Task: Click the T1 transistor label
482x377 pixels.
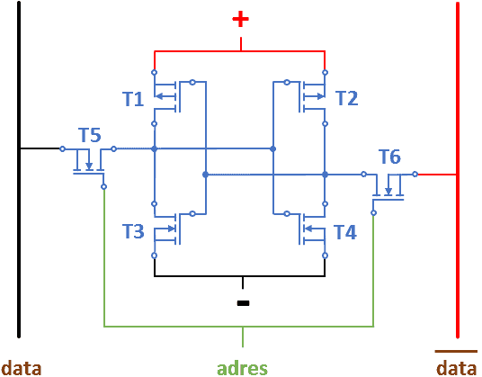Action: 133,99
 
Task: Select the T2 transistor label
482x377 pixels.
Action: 347,98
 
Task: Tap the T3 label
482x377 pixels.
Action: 133,231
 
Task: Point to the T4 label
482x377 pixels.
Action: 345,232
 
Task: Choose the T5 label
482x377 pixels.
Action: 89,135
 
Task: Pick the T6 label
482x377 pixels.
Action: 389,157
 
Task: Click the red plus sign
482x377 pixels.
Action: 240,19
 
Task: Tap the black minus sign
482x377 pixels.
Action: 243,303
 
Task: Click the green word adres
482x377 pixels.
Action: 242,368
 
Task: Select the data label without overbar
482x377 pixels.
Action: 22,368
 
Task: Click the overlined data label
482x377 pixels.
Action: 457,368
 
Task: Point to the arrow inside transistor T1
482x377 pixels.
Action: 165,96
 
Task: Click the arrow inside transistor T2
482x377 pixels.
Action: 314,96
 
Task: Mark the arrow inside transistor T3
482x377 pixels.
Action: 165,229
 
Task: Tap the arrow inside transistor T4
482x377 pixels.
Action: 314,229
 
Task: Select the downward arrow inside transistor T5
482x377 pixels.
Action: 89,159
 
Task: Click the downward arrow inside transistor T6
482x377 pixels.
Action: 388,185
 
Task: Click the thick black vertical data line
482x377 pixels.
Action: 19,170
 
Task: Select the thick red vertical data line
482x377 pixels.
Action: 458,170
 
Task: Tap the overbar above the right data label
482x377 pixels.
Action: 456,351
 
